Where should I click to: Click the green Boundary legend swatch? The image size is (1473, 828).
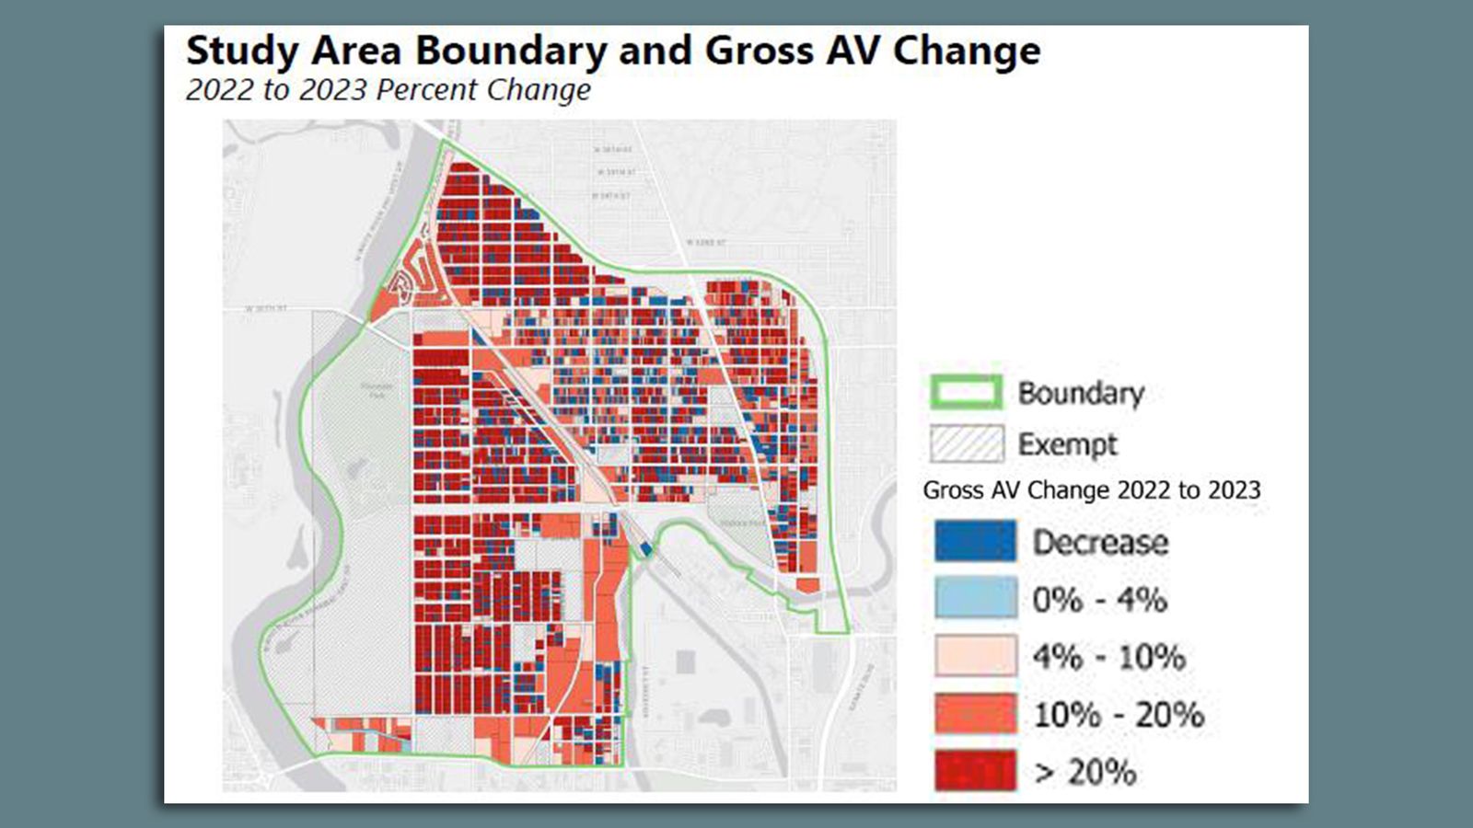[966, 393]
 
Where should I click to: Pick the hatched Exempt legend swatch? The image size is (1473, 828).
[966, 443]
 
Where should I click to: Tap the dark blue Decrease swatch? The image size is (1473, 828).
[975, 541]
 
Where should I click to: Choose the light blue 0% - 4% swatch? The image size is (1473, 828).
[975, 599]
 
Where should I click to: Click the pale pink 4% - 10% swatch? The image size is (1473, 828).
[975, 656]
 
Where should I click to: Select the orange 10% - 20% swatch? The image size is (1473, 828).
[975, 714]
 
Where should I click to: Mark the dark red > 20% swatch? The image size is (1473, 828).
[975, 771]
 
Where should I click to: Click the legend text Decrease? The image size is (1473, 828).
[1100, 542]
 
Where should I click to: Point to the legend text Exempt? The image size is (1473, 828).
[1067, 444]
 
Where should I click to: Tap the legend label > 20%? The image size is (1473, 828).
[1084, 772]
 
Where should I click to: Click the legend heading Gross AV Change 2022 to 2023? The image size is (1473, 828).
[1092, 490]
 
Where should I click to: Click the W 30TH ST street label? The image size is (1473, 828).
[266, 308]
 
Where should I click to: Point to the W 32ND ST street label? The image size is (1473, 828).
[706, 242]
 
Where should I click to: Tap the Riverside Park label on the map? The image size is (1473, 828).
[376, 390]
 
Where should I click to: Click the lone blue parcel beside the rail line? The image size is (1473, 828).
[646, 549]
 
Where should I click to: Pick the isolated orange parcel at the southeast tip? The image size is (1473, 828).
[807, 585]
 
